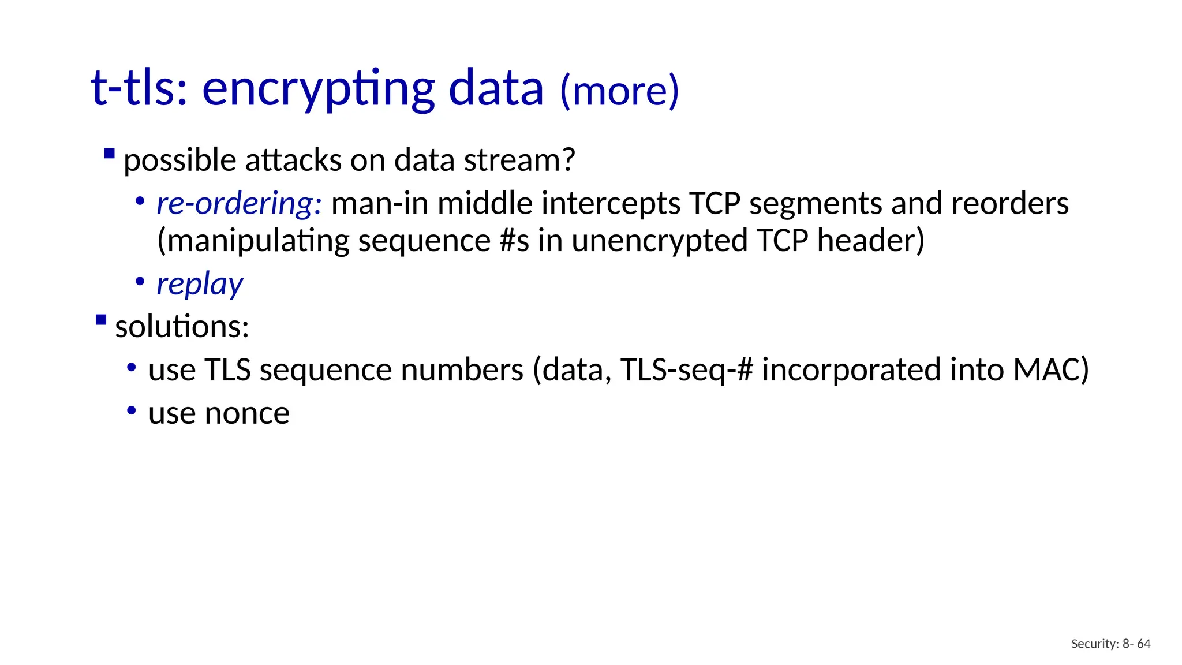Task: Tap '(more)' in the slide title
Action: point(619,91)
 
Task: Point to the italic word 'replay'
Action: point(200,284)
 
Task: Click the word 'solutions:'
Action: point(182,327)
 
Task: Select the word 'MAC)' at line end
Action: point(1051,370)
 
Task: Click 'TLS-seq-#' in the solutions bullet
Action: point(687,370)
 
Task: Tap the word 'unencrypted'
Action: point(660,241)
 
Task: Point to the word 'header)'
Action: point(870,241)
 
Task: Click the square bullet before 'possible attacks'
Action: point(109,154)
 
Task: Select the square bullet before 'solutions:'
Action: point(101,320)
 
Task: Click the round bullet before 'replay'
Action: point(140,282)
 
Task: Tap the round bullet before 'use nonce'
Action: point(132,411)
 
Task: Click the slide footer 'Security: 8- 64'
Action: point(1110,644)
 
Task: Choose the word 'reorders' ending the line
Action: point(1009,204)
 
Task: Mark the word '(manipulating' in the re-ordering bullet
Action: point(253,241)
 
